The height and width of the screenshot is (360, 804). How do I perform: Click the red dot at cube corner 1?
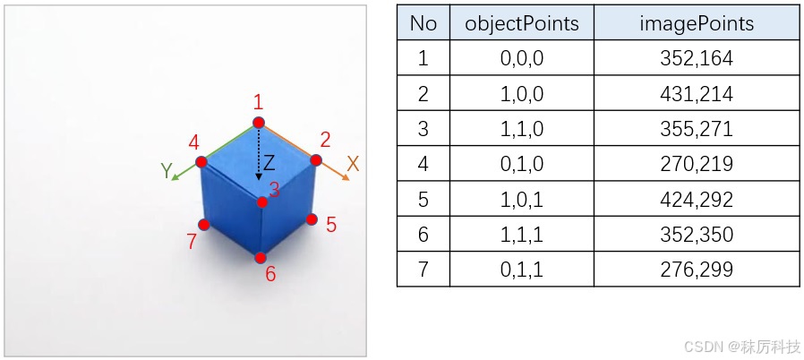point(259,122)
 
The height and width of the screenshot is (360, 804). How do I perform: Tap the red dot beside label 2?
point(315,159)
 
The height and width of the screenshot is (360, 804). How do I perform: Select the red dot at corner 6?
point(261,258)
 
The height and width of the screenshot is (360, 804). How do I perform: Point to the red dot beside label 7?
point(204,225)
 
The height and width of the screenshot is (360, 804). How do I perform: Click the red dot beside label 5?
point(312,219)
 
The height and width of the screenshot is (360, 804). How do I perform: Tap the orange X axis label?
point(353,164)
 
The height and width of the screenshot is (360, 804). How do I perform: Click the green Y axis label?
point(167,170)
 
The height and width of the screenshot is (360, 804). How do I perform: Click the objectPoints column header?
point(521,24)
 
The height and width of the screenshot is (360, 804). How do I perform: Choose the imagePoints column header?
point(696,24)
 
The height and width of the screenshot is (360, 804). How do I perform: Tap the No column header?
point(423,24)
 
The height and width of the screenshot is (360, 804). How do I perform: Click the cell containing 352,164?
point(696,59)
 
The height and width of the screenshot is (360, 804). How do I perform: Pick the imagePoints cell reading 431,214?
point(696,94)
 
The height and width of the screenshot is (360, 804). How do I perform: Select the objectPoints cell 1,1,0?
point(521,129)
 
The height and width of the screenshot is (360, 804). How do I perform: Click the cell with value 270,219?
point(696,164)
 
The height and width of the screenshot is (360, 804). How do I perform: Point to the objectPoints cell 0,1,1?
point(521,269)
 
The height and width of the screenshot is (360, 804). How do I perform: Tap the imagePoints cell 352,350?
point(696,234)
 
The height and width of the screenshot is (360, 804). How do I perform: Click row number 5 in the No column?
point(423,199)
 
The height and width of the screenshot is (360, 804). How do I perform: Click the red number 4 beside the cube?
point(193,142)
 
